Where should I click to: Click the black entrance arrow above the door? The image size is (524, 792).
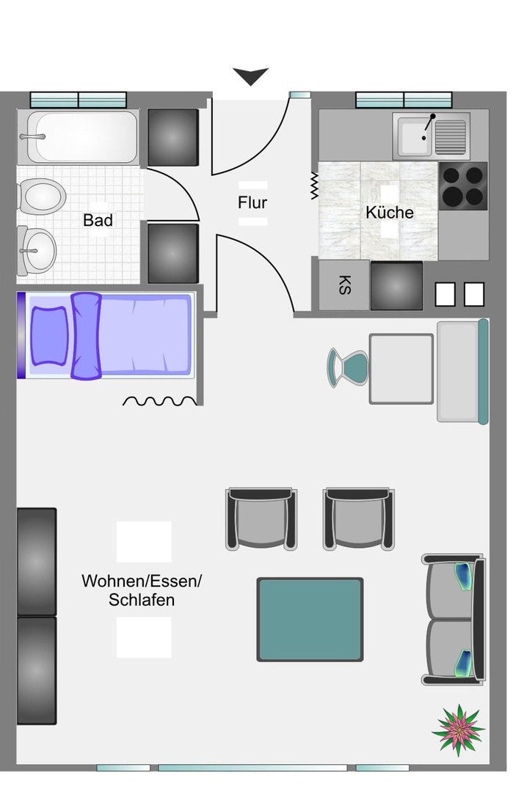pyautogui.click(x=250, y=76)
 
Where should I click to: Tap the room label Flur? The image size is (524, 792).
pyautogui.click(x=252, y=202)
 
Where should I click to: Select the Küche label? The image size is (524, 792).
pyautogui.click(x=390, y=212)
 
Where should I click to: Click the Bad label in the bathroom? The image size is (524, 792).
pyautogui.click(x=98, y=220)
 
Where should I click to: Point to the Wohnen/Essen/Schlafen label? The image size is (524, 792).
pyautogui.click(x=142, y=590)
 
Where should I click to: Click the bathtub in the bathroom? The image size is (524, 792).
pyautogui.click(x=79, y=137)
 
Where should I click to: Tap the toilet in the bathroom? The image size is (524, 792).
pyautogui.click(x=41, y=196)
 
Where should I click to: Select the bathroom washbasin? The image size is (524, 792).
pyautogui.click(x=37, y=251)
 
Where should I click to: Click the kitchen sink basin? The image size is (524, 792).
pyautogui.click(x=415, y=136)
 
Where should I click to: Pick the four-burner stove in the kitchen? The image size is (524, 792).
pyautogui.click(x=463, y=186)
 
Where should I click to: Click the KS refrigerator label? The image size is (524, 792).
pyautogui.click(x=344, y=285)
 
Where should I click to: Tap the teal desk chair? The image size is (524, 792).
pyautogui.click(x=348, y=368)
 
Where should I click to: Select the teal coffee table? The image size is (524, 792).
pyautogui.click(x=310, y=619)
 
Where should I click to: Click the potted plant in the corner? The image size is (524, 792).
pyautogui.click(x=459, y=730)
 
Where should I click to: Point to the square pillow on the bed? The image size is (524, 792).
pyautogui.click(x=49, y=335)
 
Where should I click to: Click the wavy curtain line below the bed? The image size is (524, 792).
pyautogui.click(x=160, y=401)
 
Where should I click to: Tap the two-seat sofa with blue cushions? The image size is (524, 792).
pyautogui.click(x=454, y=620)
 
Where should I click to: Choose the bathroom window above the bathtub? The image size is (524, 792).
pyautogui.click(x=79, y=100)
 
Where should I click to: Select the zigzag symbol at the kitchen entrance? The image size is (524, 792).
pyautogui.click(x=314, y=186)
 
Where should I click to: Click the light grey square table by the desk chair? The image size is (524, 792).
pyautogui.click(x=401, y=369)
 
